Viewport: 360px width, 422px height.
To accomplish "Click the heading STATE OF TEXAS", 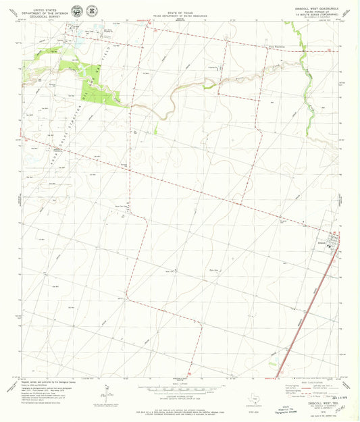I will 180,10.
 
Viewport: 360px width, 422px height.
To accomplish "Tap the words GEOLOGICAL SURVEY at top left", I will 47,14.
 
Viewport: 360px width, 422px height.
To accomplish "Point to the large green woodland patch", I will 95,88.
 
